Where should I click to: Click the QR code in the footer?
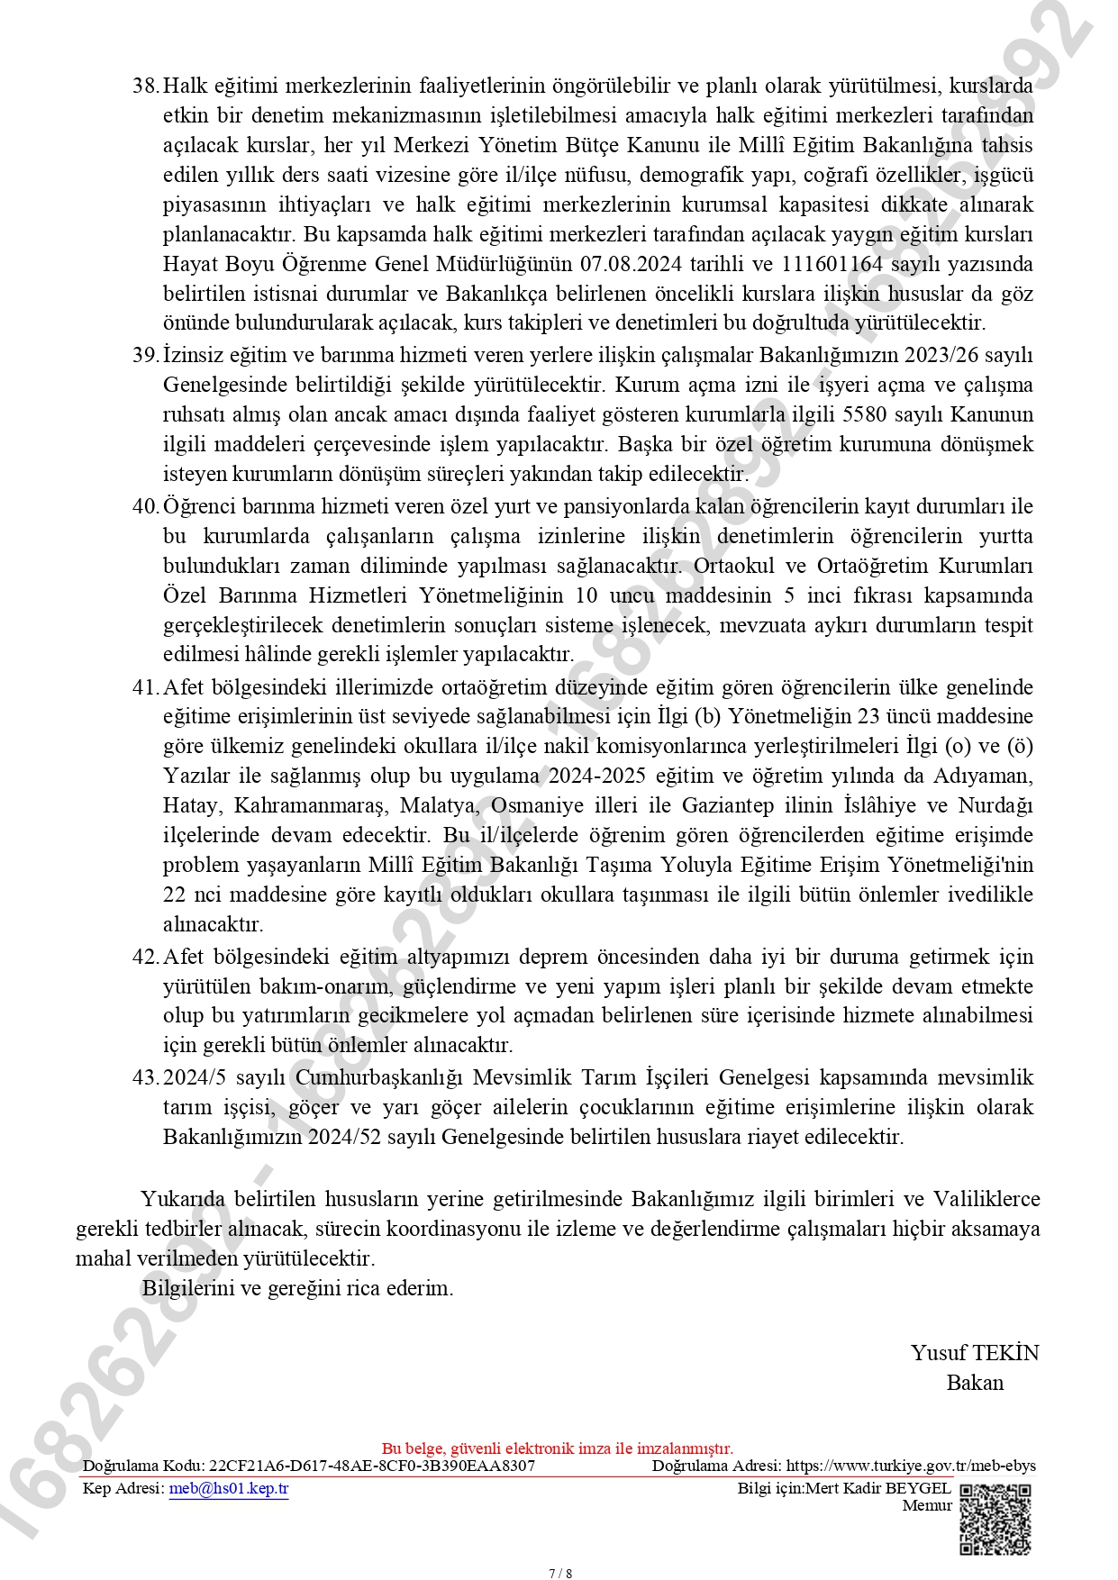pyautogui.click(x=995, y=1520)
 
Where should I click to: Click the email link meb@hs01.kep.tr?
pyautogui.click(x=229, y=1488)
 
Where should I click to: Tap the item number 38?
pyautogui.click(x=145, y=86)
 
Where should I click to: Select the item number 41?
pyautogui.click(x=145, y=687)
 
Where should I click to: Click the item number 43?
pyautogui.click(x=145, y=1077)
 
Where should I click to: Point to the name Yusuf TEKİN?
pyautogui.click(x=974, y=1353)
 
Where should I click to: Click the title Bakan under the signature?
pyautogui.click(x=974, y=1383)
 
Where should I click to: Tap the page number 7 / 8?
pyautogui.click(x=559, y=1574)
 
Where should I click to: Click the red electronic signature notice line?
pyautogui.click(x=558, y=1448)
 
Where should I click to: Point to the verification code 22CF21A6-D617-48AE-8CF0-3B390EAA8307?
pyautogui.click(x=372, y=1466)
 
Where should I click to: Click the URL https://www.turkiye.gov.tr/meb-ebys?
pyautogui.click(x=911, y=1466)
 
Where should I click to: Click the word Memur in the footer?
pyautogui.click(x=927, y=1505)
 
